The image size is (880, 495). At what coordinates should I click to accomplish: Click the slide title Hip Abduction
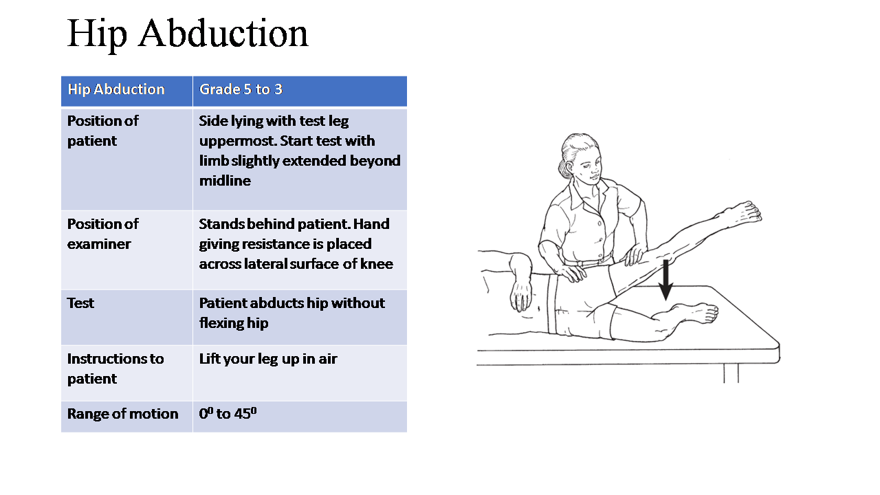pyautogui.click(x=188, y=34)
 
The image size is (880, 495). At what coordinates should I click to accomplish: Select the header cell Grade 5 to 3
pyautogui.click(x=241, y=89)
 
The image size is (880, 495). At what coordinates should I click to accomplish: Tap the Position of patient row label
pyautogui.click(x=102, y=131)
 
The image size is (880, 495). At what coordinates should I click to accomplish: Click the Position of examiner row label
pyautogui.click(x=102, y=234)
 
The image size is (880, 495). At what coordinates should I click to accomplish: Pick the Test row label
pyautogui.click(x=80, y=303)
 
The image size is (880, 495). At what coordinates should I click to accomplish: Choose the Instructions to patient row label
pyautogui.click(x=115, y=368)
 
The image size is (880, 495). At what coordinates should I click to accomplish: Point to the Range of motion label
pyautogui.click(x=122, y=414)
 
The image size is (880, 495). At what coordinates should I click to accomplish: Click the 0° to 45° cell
pyautogui.click(x=228, y=414)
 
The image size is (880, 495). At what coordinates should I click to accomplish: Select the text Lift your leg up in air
pyautogui.click(x=268, y=359)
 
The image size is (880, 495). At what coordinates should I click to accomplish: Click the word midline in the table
pyautogui.click(x=225, y=181)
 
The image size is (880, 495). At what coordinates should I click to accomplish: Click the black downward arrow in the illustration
pyautogui.click(x=665, y=280)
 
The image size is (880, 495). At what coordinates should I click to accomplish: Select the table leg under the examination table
pyautogui.click(x=731, y=373)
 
